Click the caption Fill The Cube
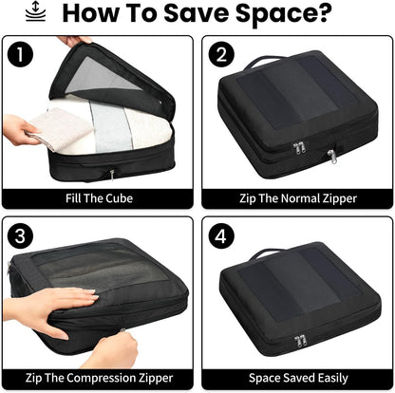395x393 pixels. tap(99, 197)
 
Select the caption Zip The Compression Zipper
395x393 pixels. tap(99, 377)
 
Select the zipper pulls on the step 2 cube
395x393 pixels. tap(302, 150)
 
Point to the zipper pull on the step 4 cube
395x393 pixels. tap(302, 340)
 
